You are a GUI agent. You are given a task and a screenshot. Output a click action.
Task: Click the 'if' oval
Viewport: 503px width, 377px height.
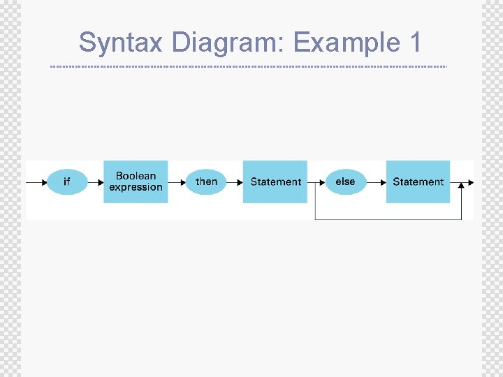[67, 182]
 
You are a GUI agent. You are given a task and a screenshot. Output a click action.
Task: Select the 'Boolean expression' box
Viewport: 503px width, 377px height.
[136, 182]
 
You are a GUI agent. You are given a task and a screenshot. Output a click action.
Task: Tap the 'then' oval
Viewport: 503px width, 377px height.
[206, 182]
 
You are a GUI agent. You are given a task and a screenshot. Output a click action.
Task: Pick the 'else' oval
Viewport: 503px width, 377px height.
[345, 182]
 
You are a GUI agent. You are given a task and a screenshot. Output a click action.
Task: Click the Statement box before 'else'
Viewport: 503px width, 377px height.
[275, 182]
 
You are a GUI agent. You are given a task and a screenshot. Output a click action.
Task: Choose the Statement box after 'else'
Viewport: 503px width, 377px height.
[418, 182]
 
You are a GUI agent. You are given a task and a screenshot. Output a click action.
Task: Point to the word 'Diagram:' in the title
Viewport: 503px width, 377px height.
[228, 43]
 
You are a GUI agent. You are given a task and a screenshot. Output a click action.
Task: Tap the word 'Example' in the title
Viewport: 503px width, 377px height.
[342, 43]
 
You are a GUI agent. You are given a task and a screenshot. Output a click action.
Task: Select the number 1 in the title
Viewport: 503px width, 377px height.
[414, 43]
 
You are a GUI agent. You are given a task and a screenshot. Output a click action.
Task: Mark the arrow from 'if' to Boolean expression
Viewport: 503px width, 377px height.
[96, 182]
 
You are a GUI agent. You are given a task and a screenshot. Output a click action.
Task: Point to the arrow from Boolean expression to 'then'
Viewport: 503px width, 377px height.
[177, 182]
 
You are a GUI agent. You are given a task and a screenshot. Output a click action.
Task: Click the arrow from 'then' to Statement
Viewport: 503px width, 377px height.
[235, 182]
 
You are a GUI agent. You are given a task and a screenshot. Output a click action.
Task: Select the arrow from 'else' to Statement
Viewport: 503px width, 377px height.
[377, 182]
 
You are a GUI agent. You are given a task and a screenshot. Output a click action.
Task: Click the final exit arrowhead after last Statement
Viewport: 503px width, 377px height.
[471, 182]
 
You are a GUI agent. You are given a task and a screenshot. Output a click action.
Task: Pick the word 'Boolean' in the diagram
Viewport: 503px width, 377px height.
[136, 176]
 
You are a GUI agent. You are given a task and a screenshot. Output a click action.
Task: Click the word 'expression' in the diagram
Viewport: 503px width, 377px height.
[136, 187]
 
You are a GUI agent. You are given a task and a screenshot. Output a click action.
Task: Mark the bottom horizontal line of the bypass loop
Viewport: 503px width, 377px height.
[388, 219]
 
